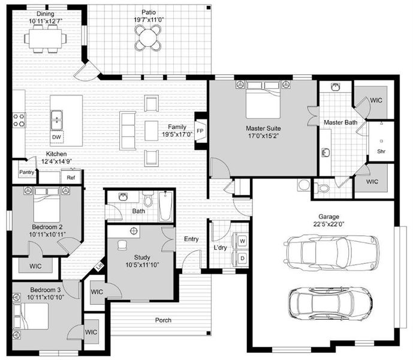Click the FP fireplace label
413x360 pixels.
200,131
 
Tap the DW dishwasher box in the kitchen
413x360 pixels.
57,137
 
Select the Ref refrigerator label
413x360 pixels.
71,178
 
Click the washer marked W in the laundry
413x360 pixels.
242,241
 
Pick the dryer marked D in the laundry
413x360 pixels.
242,258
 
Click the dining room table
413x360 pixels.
46,38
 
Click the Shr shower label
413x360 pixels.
381,151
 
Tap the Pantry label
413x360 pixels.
26,173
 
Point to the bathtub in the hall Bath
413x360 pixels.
165,206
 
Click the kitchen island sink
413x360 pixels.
57,117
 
